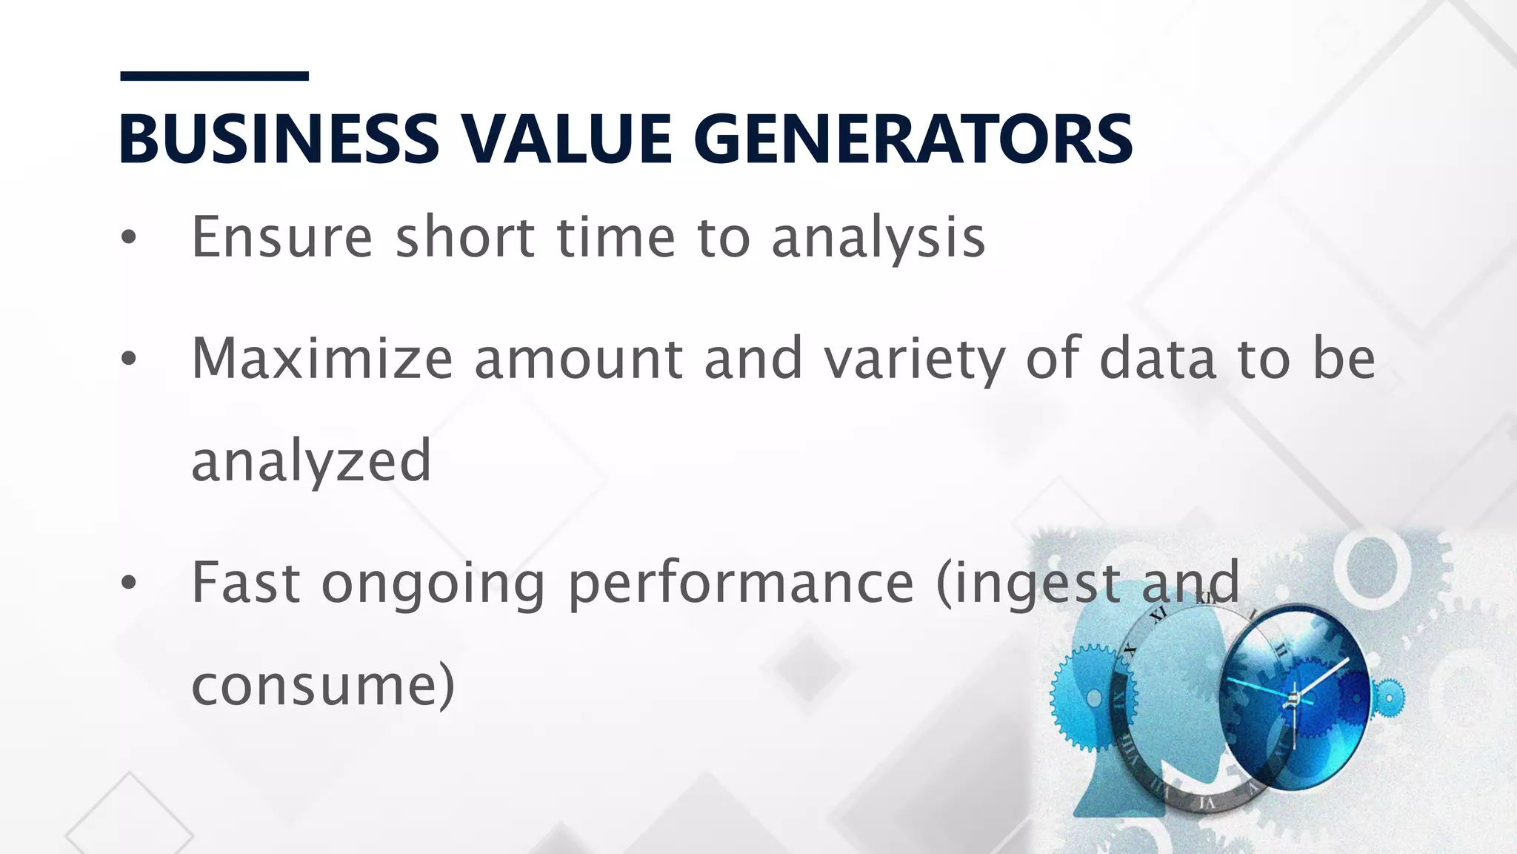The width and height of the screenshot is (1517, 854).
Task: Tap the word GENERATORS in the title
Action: tap(913, 139)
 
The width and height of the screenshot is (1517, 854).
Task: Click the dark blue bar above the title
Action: tap(214, 76)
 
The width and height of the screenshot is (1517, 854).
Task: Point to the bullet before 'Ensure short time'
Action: tap(129, 237)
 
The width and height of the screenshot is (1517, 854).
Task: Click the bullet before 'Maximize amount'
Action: tap(129, 359)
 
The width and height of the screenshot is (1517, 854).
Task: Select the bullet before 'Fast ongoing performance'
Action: tap(129, 583)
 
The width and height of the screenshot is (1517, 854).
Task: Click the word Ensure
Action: tap(281, 237)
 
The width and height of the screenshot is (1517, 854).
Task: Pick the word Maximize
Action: tap(321, 359)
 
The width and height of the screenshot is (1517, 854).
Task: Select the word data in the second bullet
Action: tap(1158, 359)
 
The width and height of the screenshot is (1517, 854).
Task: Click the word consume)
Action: tap(323, 685)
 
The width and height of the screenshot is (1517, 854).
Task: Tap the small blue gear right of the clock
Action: tap(1387, 697)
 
